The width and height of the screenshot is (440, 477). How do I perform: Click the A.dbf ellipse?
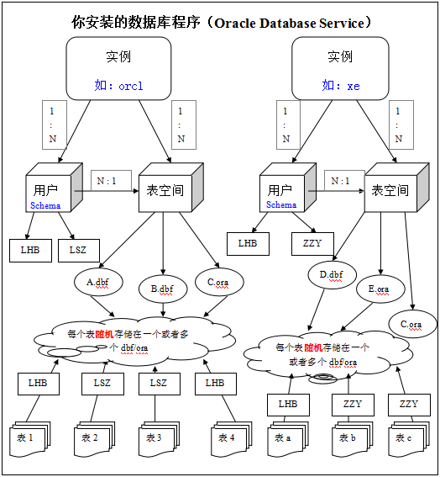98,282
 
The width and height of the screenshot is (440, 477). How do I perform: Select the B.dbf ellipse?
163,289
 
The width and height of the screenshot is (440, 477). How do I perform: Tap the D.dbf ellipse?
332,275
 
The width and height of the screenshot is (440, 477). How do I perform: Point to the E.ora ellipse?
380,289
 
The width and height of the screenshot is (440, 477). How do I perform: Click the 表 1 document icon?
29,439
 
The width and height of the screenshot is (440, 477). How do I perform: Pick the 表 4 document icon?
232,439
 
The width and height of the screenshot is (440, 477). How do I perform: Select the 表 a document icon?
288,439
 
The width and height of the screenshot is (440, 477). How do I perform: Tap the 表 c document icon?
409,439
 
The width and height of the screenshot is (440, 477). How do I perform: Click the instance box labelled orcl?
118,68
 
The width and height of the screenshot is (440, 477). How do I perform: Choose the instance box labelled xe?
340,68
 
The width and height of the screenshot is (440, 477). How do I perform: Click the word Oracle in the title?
235,23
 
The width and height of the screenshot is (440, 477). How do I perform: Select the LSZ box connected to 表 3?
160,384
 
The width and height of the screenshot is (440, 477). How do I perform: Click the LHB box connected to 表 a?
288,405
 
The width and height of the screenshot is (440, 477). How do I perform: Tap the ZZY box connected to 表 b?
353,405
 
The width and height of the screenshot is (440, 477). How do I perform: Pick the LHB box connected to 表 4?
216,384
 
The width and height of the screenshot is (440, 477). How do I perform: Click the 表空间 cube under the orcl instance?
171,188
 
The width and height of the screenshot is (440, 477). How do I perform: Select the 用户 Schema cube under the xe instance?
288,188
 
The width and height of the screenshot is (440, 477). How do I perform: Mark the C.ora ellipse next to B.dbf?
219,282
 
